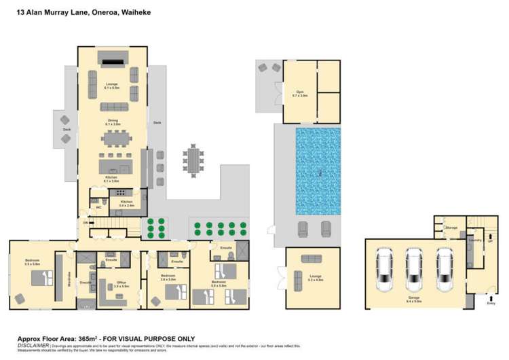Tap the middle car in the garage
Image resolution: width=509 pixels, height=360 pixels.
coord(413,266)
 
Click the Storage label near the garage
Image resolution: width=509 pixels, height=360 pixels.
coord(451,228)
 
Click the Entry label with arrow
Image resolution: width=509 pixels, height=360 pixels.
coord(491,303)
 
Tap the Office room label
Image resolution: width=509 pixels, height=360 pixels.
coord(121,287)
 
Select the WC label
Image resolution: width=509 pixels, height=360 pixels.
coord(99,209)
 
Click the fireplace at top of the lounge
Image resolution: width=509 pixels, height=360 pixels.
coord(112,60)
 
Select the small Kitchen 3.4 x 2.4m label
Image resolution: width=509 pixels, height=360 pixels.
coord(127,202)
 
